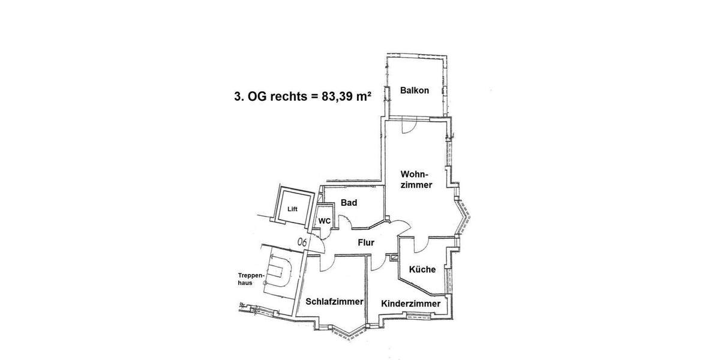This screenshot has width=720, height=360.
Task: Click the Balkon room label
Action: tap(415, 91)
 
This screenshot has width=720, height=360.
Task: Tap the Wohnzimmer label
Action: tap(416, 179)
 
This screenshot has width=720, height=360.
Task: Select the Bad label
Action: tap(349, 203)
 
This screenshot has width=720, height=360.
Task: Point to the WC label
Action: tap(324, 221)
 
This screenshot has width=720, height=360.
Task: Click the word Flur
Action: tap(365, 243)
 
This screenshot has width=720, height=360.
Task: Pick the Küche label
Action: tap(422, 269)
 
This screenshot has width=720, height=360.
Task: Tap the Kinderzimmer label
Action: tap(411, 304)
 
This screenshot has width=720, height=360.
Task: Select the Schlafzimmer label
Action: tap(335, 302)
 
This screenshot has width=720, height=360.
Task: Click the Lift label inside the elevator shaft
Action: tap(292, 209)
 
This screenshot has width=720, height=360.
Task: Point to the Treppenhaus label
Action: tap(251, 279)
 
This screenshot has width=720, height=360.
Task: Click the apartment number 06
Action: tap(302, 242)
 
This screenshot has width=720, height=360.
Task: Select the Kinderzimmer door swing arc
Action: tap(378, 262)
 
